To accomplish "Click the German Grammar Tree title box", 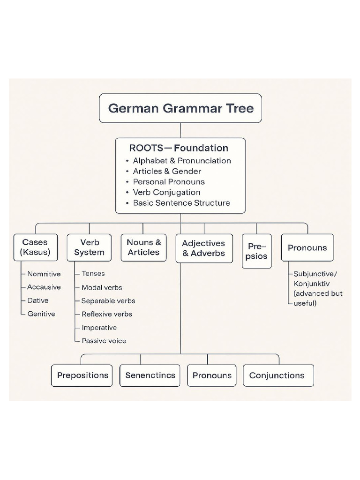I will pyautogui.click(x=180, y=108).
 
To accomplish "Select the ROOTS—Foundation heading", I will pyautogui.click(x=179, y=148).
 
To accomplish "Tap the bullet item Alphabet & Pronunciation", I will pyautogui.click(x=181, y=160).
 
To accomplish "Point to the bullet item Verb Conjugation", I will pyautogui.click(x=166, y=192).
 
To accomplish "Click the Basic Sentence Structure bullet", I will pyautogui.click(x=181, y=203).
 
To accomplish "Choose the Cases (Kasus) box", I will pyautogui.click(x=35, y=247).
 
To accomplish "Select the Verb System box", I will pyautogui.click(x=89, y=247).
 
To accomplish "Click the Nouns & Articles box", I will pyautogui.click(x=143, y=247).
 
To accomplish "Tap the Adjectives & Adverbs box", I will pyautogui.click(x=203, y=248).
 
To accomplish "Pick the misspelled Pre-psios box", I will pyautogui.click(x=256, y=251).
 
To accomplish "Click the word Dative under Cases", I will pyautogui.click(x=37, y=300).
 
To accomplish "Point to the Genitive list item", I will pyautogui.click(x=41, y=314).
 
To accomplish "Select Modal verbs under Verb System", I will pyautogui.click(x=102, y=287).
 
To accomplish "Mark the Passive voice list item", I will pyautogui.click(x=104, y=341).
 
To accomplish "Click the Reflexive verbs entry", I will pyautogui.click(x=106, y=314).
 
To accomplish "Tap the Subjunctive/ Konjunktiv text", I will pyautogui.click(x=315, y=278).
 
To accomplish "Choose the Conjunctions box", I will pyautogui.click(x=278, y=375).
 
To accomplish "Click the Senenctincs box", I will pyautogui.click(x=150, y=375).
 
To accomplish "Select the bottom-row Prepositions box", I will pyautogui.click(x=82, y=375).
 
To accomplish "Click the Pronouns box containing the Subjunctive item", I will pyautogui.click(x=307, y=247).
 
